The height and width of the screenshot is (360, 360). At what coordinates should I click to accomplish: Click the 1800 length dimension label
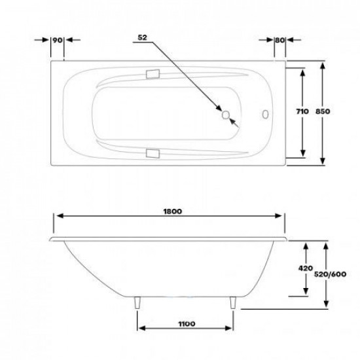[173, 211]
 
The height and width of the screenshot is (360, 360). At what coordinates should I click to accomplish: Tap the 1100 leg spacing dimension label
[187, 324]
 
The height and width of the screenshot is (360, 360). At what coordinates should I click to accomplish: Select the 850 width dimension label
[323, 111]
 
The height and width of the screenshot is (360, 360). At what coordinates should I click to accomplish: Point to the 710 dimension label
[302, 111]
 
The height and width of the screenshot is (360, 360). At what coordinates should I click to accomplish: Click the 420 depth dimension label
[306, 268]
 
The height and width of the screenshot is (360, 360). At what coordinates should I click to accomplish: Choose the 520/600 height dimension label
[330, 274]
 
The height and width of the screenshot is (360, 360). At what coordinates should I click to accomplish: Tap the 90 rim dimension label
[58, 40]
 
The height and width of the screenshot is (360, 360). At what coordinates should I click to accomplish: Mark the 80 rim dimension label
[280, 40]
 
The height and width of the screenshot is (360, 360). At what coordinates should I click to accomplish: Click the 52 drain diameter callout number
[142, 37]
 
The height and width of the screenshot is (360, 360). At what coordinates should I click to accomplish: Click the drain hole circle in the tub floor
[226, 115]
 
